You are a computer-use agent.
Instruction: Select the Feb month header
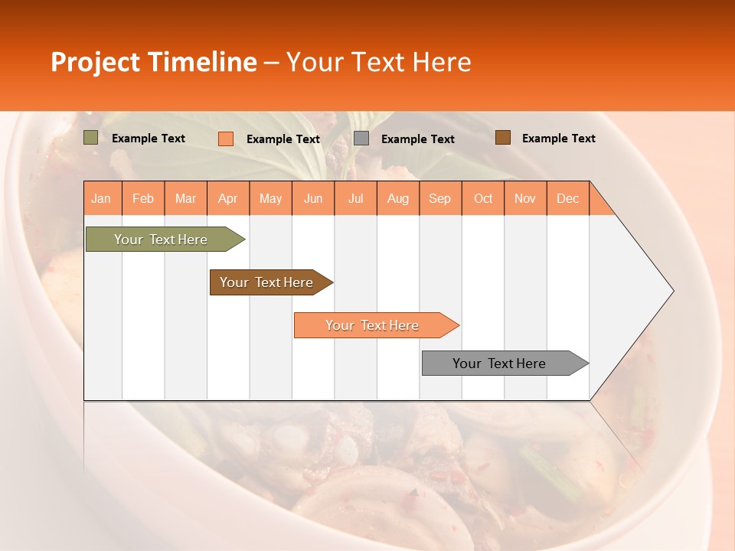pyautogui.click(x=143, y=198)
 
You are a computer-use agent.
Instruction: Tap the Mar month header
pyautogui.click(x=185, y=198)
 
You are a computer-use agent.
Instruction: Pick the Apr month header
pyautogui.click(x=228, y=198)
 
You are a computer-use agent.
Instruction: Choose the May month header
pyautogui.click(x=270, y=198)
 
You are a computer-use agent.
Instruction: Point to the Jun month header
pyautogui.click(x=313, y=198)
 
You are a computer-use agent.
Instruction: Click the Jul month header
pyautogui.click(x=355, y=198)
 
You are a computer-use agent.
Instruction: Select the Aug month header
pyautogui.click(x=398, y=198)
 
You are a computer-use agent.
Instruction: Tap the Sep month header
pyautogui.click(x=440, y=198)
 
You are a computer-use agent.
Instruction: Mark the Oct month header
pyautogui.click(x=483, y=198)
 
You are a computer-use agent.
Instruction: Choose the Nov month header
pyautogui.click(x=525, y=198)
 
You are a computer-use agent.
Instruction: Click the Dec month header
pyautogui.click(x=568, y=198)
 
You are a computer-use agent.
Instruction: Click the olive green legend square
pyautogui.click(x=91, y=138)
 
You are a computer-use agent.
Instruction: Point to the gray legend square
pyautogui.click(x=361, y=139)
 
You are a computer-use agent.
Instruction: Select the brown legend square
pyautogui.click(x=502, y=138)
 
